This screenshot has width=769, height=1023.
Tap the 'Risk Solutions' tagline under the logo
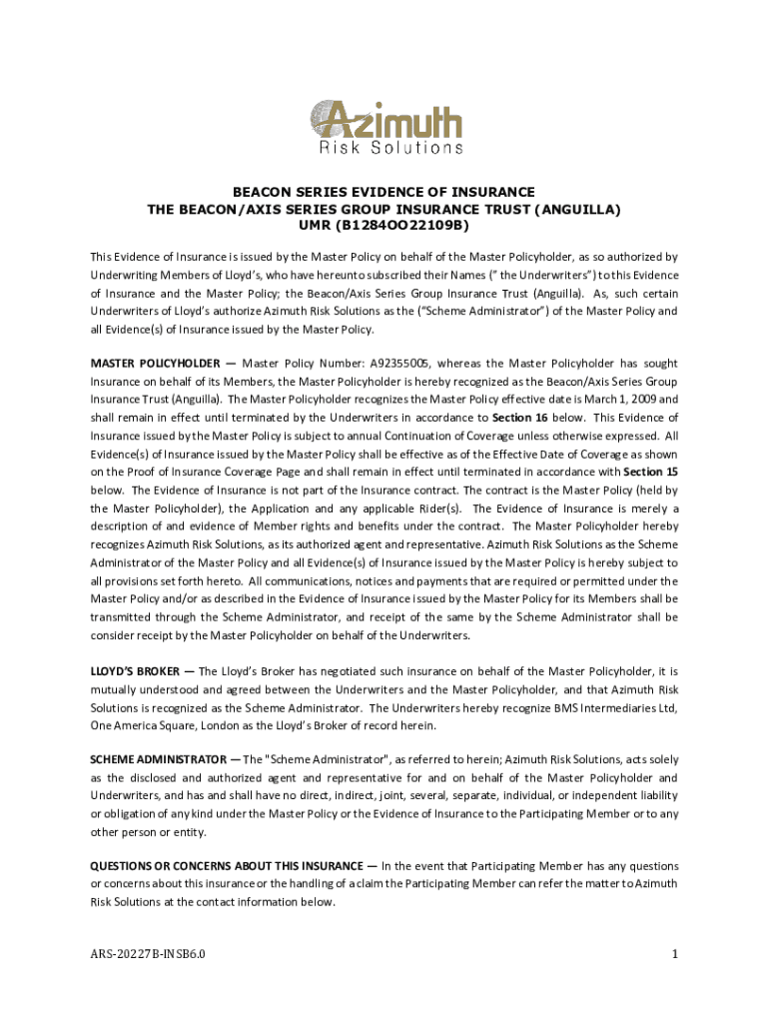click(390, 148)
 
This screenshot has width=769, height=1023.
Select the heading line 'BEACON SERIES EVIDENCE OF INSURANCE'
click(384, 192)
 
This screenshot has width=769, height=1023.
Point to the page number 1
click(675, 955)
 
